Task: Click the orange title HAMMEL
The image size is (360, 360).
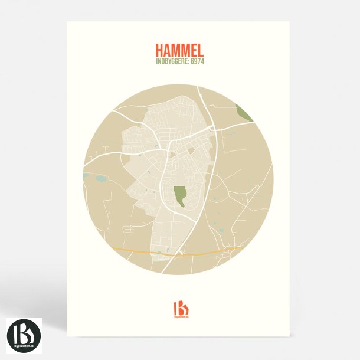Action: click(180, 50)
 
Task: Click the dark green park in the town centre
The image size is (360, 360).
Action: click(180, 195)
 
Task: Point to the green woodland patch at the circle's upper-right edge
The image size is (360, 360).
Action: click(243, 112)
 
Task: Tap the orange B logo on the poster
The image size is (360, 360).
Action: click(180, 308)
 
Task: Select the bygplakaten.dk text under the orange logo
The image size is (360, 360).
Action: click(180, 319)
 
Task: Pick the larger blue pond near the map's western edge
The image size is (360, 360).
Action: click(99, 177)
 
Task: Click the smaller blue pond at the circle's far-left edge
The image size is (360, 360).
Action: click(86, 175)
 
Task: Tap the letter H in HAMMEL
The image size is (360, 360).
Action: click(159, 50)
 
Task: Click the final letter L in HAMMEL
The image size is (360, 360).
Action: click(202, 50)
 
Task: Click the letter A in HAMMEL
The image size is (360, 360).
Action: click(168, 50)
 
